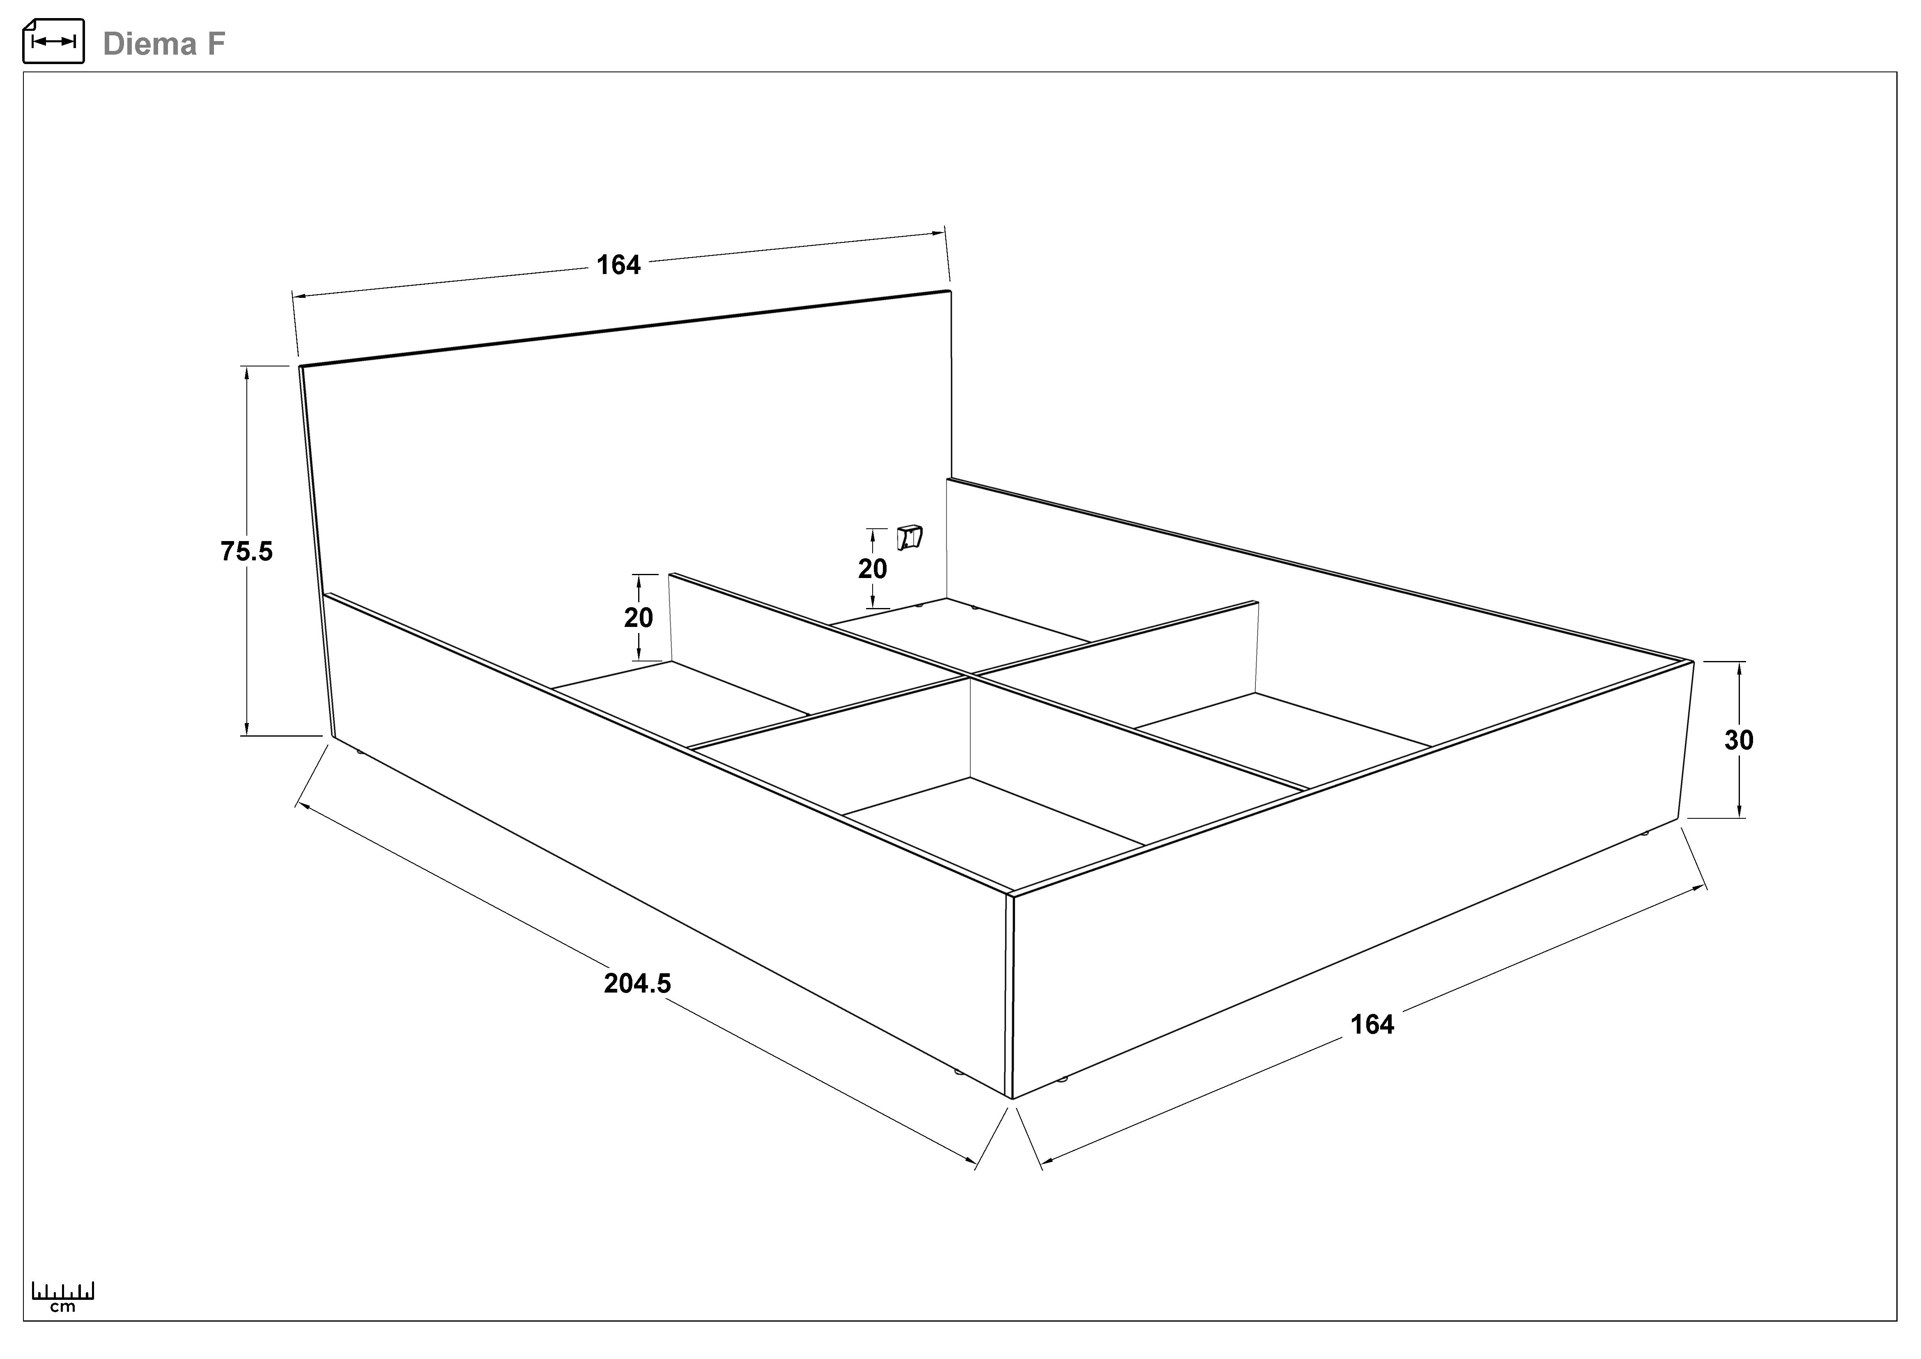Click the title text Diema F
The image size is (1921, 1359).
point(164,44)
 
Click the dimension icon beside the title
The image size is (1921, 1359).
point(53,41)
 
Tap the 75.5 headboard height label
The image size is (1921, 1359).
point(247,551)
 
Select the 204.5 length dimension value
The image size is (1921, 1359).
point(638,983)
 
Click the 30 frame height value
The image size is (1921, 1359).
point(1739,740)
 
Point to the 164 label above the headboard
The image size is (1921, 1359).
point(618,265)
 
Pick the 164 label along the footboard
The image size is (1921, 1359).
point(1372,1024)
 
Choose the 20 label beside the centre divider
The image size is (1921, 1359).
point(639,617)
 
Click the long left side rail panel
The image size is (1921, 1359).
point(669,837)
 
